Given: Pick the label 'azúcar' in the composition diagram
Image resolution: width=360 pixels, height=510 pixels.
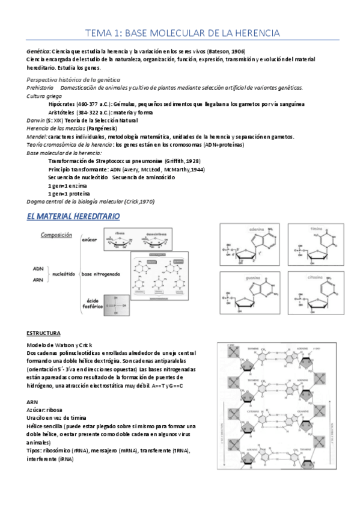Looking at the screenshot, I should (90, 239).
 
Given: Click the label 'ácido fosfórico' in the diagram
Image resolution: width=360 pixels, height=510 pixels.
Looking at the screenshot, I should (92, 303).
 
